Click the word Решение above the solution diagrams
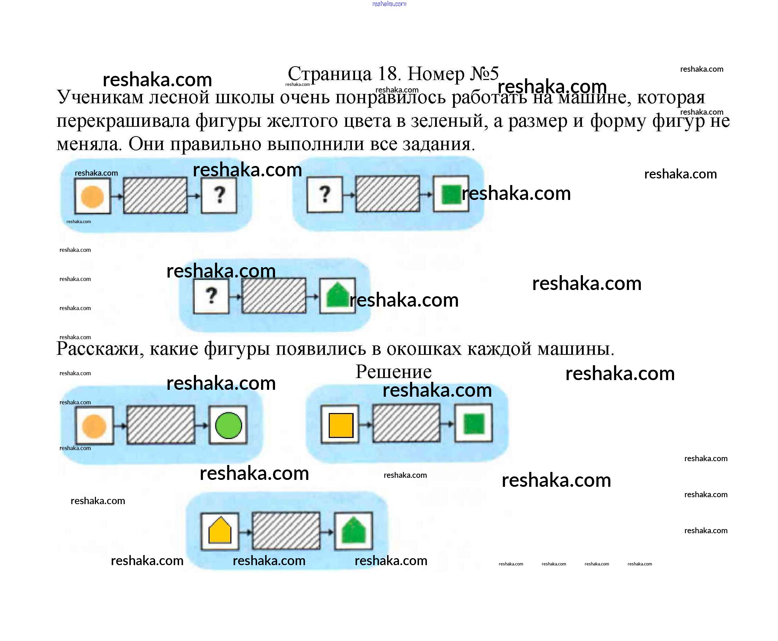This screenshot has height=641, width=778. click(393, 372)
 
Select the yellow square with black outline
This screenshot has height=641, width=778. click(341, 425)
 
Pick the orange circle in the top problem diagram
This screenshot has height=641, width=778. click(92, 197)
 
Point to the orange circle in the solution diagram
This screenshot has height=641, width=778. click(94, 426)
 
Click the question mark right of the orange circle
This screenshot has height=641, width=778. click(220, 195)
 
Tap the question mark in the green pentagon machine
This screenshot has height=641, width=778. click(211, 296)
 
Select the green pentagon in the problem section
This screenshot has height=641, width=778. click(338, 296)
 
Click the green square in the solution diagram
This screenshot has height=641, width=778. click(474, 424)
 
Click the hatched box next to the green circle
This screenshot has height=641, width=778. click(160, 425)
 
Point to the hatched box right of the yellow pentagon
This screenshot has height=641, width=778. click(286, 530)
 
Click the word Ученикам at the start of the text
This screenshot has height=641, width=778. click(100, 97)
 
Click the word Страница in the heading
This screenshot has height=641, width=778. click(329, 74)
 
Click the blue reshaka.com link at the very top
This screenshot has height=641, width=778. click(389, 4)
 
